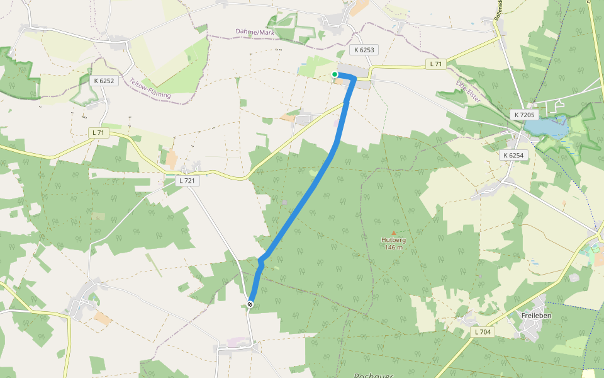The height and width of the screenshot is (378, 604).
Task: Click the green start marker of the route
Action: coord(335,75)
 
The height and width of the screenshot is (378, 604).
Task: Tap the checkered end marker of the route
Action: coord(250,305)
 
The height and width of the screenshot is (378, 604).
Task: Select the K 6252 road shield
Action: coord(104,81)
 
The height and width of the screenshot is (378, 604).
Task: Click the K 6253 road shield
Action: coord(364,50)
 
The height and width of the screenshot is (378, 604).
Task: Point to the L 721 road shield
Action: coord(187,181)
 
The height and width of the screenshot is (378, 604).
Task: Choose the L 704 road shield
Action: coord(483,332)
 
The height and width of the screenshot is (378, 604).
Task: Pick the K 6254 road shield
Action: coord(513,155)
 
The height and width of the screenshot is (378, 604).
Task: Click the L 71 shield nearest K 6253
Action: coord(435,64)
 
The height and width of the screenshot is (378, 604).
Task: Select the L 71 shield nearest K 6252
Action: coord(98,132)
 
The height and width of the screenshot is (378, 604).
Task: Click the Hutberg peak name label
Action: coord(394,240)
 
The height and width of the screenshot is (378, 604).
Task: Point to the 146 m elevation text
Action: coord(394,247)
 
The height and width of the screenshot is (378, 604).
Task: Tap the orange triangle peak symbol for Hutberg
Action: coord(394,233)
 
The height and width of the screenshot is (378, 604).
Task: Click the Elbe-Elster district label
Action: coord(468,91)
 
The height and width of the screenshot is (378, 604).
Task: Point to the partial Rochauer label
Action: coord(373,375)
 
